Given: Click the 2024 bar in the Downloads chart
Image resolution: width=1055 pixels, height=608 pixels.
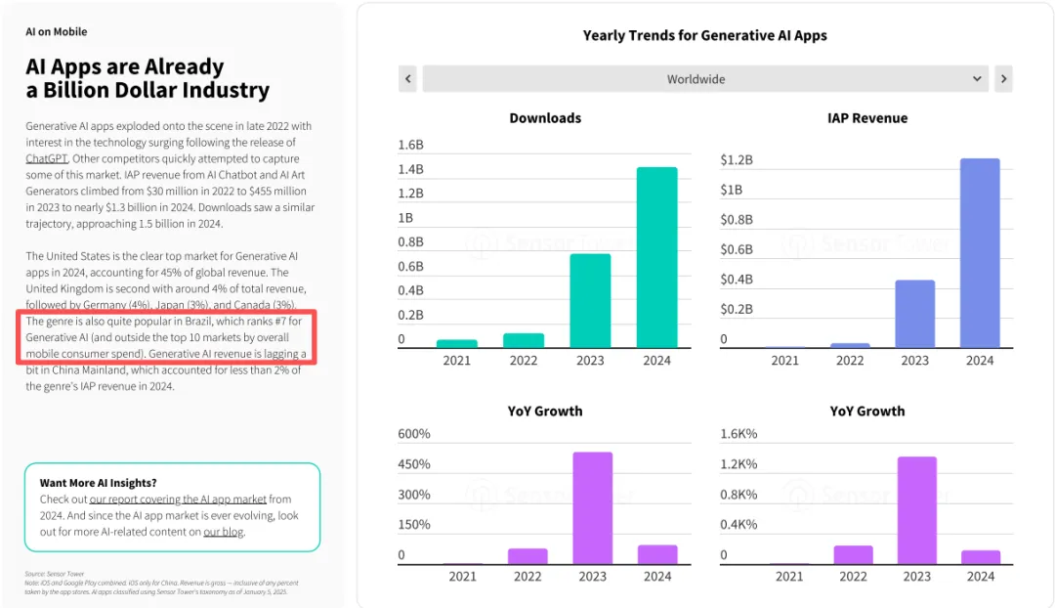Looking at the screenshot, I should (x=657, y=257).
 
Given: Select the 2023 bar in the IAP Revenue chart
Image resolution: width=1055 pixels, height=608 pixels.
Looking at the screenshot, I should (x=914, y=314).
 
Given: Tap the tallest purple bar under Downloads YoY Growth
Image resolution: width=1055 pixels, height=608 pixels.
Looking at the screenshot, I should (x=592, y=508).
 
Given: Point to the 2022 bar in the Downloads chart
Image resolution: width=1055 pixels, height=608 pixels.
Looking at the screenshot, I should (x=524, y=340).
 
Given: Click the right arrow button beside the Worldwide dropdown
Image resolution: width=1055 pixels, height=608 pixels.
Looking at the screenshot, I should (x=1003, y=79).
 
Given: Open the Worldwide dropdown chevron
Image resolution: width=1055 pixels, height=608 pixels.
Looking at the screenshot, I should (x=978, y=79).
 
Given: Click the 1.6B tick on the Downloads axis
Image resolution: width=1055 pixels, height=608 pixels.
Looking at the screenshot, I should (x=410, y=145).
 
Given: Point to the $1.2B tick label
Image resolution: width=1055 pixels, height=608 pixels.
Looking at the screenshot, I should (x=737, y=160).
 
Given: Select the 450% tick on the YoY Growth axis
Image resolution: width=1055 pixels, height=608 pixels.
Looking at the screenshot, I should (x=414, y=464).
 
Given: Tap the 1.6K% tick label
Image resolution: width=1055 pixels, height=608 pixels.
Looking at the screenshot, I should (x=738, y=434).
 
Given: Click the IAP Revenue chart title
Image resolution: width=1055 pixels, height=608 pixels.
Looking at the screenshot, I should (x=866, y=118).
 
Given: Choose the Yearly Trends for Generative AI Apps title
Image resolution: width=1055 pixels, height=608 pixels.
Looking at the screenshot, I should (x=704, y=36).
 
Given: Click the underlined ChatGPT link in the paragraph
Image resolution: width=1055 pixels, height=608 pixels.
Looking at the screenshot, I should (x=46, y=158).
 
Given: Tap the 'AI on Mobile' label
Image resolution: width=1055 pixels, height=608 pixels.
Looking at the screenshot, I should (x=57, y=32).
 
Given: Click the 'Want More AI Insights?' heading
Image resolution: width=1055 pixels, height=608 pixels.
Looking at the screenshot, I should (x=98, y=483).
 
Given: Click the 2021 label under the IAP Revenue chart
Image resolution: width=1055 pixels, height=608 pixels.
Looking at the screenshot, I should (x=784, y=361).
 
